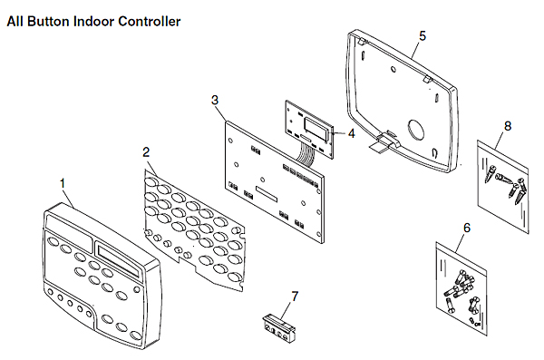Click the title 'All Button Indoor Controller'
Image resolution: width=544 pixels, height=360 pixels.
coord(93,20)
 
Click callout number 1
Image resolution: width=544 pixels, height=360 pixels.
coord(63,182)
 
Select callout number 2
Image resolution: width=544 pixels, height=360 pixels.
coord(147,151)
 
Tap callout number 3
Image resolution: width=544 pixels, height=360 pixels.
coord(214,100)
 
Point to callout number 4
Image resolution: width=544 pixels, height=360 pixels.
coord(351,133)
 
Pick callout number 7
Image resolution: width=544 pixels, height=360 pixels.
coord(295,295)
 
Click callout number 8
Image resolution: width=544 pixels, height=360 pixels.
coord(507,126)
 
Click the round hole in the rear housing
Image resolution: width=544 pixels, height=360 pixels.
coord(418,129)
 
